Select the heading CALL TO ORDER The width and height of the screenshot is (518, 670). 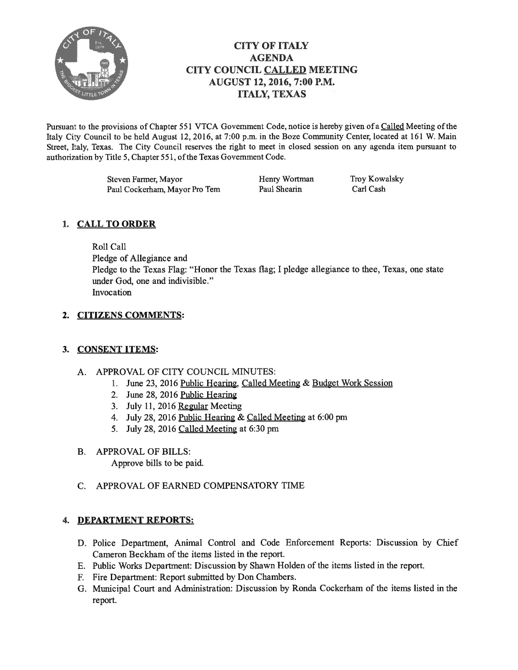[x=116, y=224]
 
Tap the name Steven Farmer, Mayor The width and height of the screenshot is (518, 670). [x=145, y=179]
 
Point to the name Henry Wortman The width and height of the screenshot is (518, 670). [x=286, y=179]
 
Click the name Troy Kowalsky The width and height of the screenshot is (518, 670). [x=377, y=179]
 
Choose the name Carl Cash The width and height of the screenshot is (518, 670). [x=369, y=189]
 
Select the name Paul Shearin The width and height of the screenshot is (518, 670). [x=280, y=189]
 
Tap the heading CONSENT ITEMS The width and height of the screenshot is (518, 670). [x=117, y=349]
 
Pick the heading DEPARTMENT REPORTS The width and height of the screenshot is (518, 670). [x=135, y=520]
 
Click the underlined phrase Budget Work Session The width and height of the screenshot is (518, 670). [x=352, y=383]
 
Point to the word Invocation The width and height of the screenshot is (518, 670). [x=112, y=292]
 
